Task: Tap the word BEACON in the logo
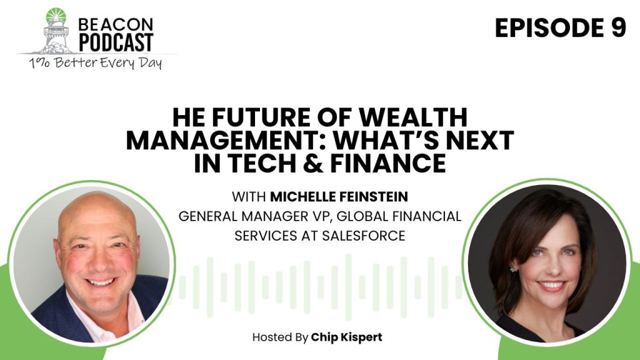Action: [116, 24]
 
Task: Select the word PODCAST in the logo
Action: [116, 42]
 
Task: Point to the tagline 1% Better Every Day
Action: [95, 63]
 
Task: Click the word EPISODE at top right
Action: [549, 28]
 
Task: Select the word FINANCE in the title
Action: [387, 163]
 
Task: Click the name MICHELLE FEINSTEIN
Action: [339, 197]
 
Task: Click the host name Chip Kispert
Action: [346, 337]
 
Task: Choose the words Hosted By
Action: [280, 337]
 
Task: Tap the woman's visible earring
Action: [511, 269]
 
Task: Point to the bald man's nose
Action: [99, 264]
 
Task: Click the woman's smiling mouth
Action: [551, 285]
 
